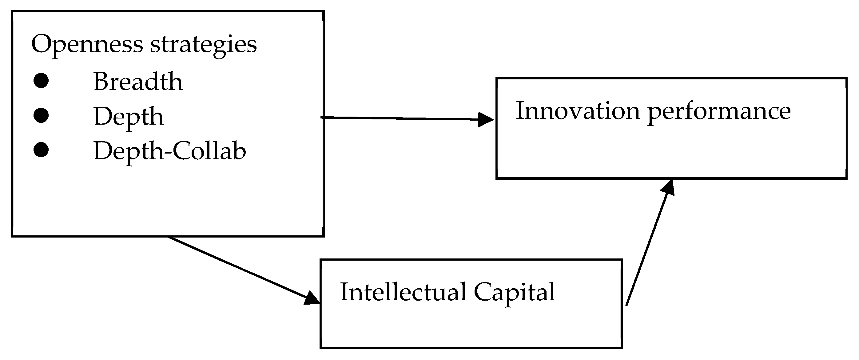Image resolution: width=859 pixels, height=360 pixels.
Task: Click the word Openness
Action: [87, 44]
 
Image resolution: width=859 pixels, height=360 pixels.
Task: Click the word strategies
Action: [203, 44]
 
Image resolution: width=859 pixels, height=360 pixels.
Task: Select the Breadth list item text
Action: [138, 82]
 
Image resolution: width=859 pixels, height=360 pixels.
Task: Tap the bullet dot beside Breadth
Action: [41, 81]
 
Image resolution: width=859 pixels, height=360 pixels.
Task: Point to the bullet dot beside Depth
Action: [41, 115]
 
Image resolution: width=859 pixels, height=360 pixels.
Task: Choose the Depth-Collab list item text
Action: [170, 151]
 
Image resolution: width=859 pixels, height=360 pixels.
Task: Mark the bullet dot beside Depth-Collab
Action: [41, 150]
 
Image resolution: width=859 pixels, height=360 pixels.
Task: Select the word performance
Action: [719, 112]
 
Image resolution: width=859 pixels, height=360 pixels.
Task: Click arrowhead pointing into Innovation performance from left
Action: [486, 119]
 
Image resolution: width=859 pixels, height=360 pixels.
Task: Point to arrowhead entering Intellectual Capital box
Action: [312, 298]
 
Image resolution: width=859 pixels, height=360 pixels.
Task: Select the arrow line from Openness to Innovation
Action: [400, 118]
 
